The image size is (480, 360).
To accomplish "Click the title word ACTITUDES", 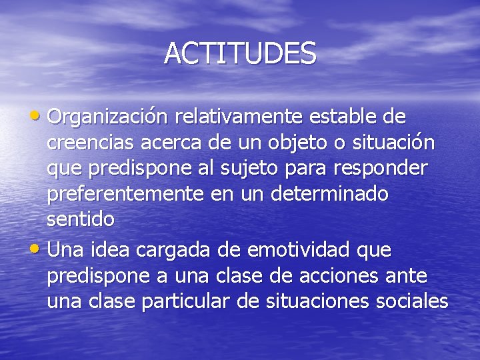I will point(240,53).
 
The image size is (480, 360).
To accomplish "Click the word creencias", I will point(91,143).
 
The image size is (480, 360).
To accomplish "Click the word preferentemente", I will point(126,194).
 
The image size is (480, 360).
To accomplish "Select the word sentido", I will point(81,219).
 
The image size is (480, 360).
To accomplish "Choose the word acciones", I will point(352,275).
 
